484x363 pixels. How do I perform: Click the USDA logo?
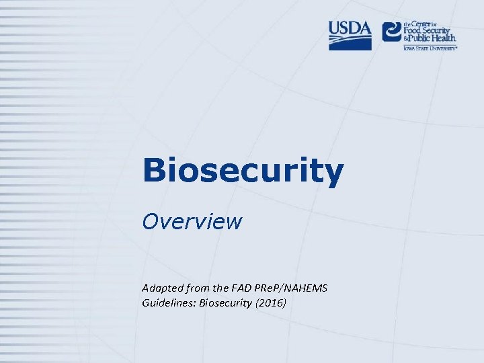[x=350, y=35]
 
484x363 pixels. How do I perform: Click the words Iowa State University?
[x=430, y=48]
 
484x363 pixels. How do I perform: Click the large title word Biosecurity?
[x=243, y=172]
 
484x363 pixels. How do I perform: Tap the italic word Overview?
[x=192, y=221]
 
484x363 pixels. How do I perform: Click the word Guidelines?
[x=169, y=303]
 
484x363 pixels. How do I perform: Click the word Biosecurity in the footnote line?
[x=224, y=303]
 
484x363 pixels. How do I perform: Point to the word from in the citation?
[x=195, y=288]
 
